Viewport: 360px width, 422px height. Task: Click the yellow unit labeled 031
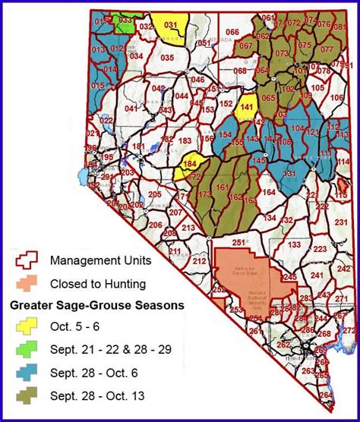point(171,26)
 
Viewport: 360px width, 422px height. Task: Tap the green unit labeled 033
point(125,20)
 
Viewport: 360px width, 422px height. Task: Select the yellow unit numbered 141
point(245,108)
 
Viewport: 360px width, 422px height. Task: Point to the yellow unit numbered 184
point(190,164)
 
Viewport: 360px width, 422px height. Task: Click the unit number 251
point(239,242)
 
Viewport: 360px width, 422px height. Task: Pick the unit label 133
point(294,245)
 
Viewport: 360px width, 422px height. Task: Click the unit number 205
point(155,195)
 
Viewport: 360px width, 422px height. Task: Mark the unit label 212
point(199,261)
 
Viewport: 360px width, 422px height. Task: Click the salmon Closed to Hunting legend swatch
point(28,285)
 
